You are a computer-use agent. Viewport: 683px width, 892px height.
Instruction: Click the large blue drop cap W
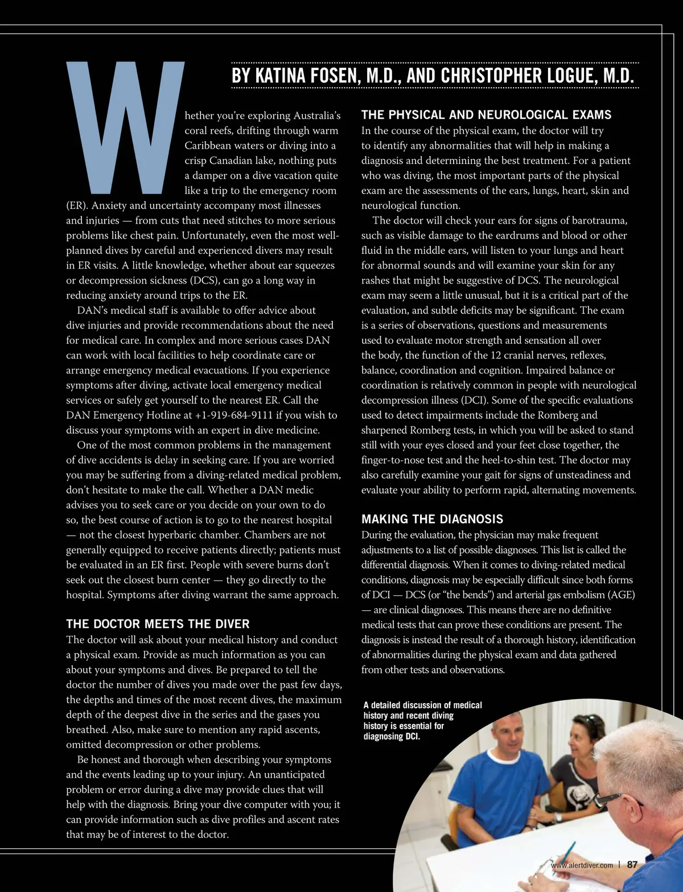pos(125,125)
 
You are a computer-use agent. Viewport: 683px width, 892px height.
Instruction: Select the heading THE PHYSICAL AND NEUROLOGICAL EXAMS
pos(486,115)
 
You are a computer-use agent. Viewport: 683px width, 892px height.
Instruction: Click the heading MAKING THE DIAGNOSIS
pos(432,519)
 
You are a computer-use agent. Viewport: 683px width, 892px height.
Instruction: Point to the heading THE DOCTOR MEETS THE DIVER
pos(158,624)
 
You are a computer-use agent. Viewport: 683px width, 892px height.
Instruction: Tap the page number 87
pos(632,864)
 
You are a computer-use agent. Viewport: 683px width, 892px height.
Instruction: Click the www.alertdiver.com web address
pos(582,865)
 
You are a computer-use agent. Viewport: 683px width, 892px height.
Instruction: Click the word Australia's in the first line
pos(316,116)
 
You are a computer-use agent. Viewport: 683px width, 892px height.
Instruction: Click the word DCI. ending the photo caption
pos(409,737)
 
